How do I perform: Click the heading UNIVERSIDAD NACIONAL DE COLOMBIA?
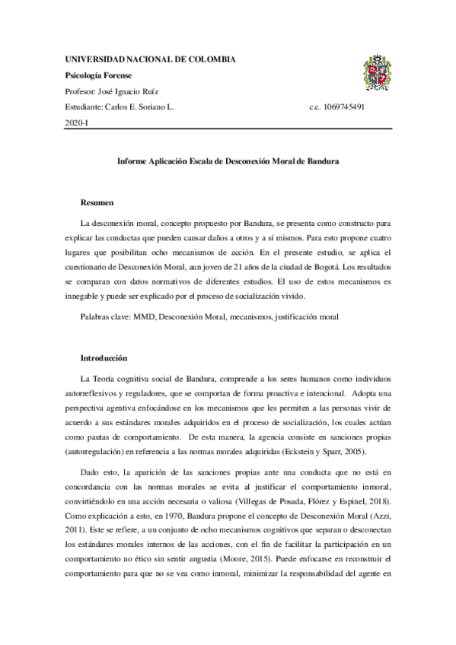[x=150, y=59]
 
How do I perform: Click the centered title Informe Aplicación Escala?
[x=228, y=162]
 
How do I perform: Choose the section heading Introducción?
[x=104, y=357]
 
